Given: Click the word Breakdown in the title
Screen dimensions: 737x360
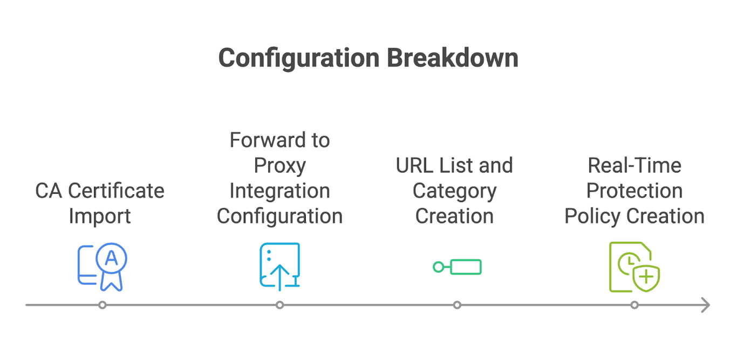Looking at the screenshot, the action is point(453,58).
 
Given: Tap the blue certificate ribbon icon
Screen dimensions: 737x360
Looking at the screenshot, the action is point(103,267).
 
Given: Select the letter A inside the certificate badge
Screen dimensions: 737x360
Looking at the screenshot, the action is point(111,258).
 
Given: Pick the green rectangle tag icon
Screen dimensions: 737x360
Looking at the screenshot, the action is point(466,267).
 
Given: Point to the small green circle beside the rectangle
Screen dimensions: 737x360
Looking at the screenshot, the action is point(438,267).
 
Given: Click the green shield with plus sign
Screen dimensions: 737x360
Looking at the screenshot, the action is point(646,277).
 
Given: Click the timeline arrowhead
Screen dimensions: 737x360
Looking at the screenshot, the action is point(705,305).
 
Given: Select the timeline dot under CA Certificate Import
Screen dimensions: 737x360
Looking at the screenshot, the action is point(103,305).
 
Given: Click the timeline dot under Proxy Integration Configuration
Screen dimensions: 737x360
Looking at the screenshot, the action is point(279,305).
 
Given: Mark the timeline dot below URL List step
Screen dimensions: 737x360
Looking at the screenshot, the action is point(457,305).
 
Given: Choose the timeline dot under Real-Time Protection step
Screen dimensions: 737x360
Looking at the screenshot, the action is point(634,305).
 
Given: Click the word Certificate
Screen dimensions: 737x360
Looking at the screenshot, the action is point(116,191).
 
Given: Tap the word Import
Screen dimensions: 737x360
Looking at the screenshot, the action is point(100,216).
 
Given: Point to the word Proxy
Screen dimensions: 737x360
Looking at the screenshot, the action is point(279,166).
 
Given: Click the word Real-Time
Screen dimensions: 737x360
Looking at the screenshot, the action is point(634,166).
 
